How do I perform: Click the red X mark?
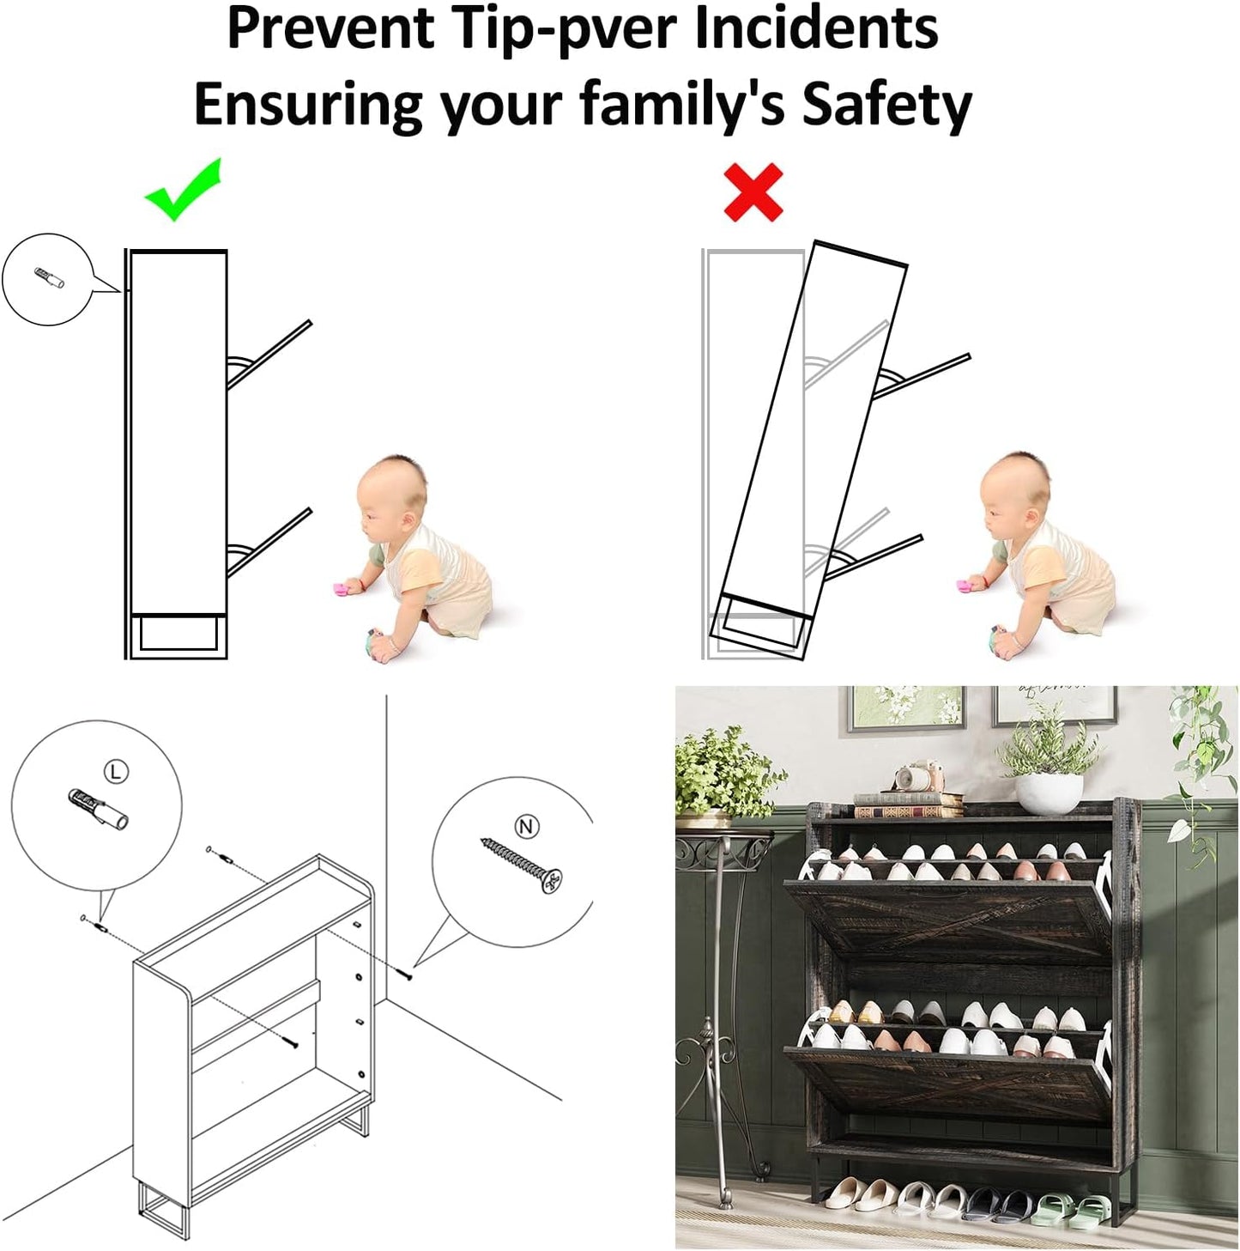[x=753, y=192]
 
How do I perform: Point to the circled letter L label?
[x=116, y=771]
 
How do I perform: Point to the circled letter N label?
[x=526, y=827]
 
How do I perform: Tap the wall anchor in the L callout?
[x=97, y=809]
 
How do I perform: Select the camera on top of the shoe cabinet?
[x=920, y=776]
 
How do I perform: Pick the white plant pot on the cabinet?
[x=1049, y=793]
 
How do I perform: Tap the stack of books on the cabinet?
[x=907, y=805]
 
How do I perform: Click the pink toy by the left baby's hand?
[x=342, y=590]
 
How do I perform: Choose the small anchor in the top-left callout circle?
[x=49, y=279]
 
